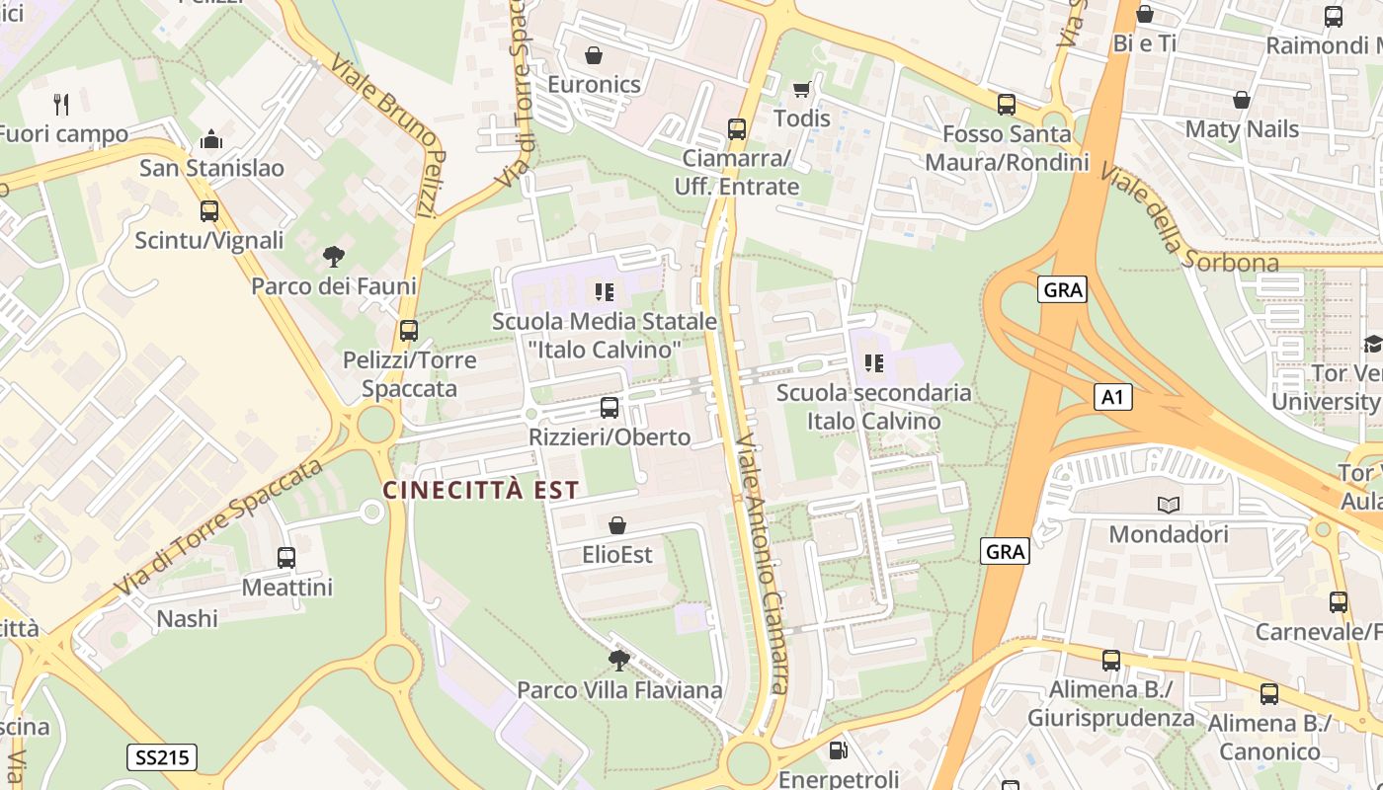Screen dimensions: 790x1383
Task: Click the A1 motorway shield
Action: point(1112,397)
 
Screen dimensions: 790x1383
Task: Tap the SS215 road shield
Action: point(162,757)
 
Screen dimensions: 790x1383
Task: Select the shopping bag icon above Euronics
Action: point(594,55)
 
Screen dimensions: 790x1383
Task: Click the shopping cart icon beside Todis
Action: point(801,90)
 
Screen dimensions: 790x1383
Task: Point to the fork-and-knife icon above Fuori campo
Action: point(61,104)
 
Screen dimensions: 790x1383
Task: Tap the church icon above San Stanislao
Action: point(210,139)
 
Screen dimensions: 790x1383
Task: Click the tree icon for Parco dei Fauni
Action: point(334,257)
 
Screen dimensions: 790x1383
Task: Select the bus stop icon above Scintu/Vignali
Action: point(208,211)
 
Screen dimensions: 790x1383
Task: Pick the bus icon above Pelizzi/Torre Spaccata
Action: point(408,331)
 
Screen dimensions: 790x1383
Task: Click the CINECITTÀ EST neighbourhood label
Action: point(481,490)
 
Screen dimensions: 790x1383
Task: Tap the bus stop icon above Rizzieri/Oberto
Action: point(610,408)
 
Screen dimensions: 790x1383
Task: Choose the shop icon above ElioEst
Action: point(617,525)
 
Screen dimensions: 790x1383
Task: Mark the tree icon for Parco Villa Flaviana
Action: point(619,660)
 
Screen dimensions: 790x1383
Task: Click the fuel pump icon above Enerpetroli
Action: point(838,750)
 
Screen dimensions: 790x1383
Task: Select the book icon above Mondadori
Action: point(1169,505)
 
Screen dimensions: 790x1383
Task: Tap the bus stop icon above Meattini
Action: point(286,558)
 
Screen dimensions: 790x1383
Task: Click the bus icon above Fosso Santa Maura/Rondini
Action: point(1007,104)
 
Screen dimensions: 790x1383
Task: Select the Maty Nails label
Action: point(1241,128)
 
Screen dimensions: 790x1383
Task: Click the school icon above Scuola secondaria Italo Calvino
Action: point(873,362)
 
